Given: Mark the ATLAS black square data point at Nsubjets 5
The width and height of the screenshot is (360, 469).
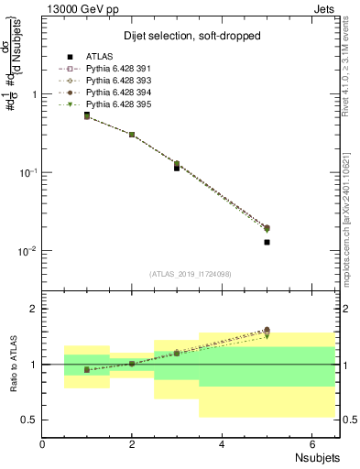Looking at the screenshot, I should pos(267,243).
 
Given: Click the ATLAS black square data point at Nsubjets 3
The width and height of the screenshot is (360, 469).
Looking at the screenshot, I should pos(177,168).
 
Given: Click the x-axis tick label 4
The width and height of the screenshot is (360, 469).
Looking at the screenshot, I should pos(222,444).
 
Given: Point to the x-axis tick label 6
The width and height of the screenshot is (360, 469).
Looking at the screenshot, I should pos(311,444).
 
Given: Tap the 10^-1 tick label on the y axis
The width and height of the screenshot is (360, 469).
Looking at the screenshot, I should pos(27,172).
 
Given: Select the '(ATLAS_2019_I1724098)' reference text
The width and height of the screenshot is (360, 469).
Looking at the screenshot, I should pos(191,273).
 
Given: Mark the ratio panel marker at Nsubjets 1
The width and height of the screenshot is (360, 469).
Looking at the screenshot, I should pos(87,370).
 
